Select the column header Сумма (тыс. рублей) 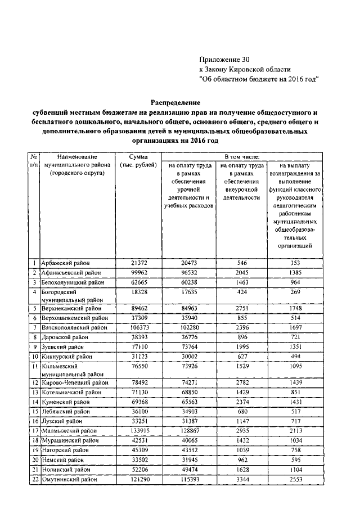click(x=138, y=161)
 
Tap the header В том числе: click(x=242, y=156)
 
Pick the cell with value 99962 click(x=138, y=273)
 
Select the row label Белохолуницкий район click(x=73, y=282)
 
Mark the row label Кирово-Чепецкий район click(x=74, y=382)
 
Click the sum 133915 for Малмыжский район click(x=138, y=431)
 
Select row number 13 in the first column click(x=34, y=392)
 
